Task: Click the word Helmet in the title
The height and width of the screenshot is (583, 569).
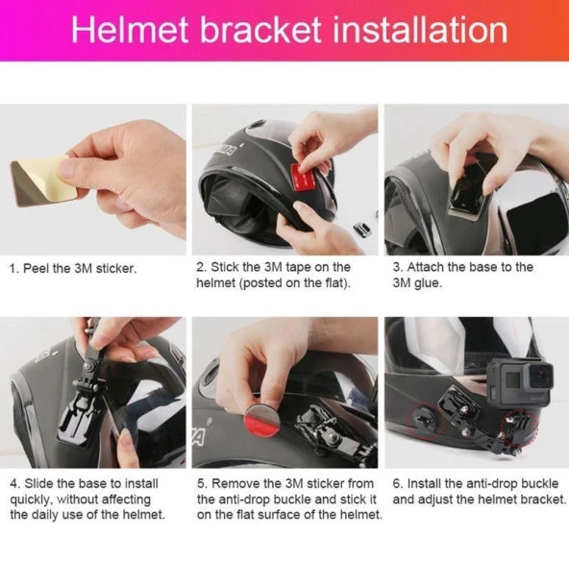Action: (x=130, y=30)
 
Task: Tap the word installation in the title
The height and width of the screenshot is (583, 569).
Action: (x=420, y=30)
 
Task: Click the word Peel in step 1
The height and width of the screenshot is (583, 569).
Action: (x=37, y=268)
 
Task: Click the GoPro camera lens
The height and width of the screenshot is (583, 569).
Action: (x=540, y=376)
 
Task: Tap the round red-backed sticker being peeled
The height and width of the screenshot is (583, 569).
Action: (x=261, y=421)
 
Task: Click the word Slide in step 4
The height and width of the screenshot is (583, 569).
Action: (x=38, y=483)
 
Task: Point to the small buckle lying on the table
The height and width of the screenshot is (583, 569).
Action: (x=361, y=230)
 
